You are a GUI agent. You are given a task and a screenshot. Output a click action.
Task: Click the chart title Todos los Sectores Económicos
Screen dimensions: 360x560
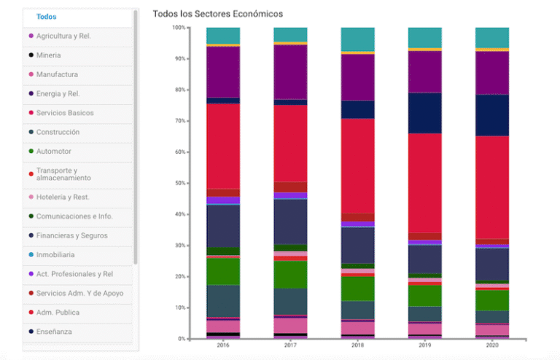218,14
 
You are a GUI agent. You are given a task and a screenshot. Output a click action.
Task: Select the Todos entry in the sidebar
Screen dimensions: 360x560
46,17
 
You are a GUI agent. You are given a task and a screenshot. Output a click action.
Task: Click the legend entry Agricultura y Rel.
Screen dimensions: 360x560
63,36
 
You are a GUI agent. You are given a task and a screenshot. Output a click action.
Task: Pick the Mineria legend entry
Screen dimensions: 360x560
48,55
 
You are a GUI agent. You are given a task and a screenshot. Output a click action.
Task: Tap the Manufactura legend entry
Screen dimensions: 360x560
57,74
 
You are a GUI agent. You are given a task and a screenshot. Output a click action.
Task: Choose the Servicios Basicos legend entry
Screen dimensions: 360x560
65,113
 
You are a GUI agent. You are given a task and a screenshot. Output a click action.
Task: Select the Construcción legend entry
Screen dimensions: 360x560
58,133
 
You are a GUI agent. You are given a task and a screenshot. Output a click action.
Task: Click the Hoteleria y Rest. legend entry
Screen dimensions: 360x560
63,197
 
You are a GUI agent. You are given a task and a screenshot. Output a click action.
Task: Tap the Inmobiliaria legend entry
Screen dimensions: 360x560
55,255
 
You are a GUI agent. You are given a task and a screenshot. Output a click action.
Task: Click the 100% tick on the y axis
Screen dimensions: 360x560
179,28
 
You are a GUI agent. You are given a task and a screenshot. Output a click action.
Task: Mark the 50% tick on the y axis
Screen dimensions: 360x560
179,183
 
